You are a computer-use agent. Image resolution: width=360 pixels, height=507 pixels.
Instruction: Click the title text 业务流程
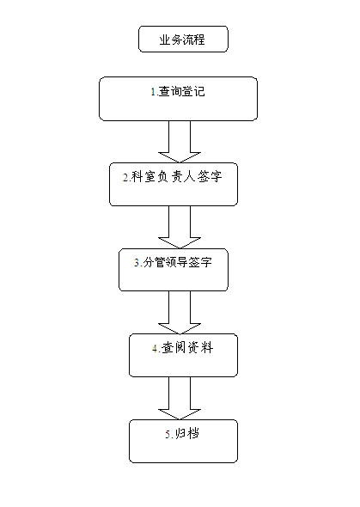tap(182, 40)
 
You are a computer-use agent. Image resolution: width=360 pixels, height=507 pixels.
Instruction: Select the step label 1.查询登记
tap(178, 91)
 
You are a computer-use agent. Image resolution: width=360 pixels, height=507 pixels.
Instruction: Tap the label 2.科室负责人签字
tap(173, 177)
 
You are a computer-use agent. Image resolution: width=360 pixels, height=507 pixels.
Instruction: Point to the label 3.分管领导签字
tap(173, 262)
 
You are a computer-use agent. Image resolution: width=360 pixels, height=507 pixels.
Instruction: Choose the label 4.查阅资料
tap(183, 348)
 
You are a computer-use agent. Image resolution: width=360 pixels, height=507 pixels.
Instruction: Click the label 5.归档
tap(182, 433)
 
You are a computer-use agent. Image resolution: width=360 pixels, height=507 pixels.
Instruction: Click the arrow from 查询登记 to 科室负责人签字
tap(180, 142)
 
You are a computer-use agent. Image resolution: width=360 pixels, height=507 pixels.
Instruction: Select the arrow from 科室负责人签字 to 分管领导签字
tap(180, 227)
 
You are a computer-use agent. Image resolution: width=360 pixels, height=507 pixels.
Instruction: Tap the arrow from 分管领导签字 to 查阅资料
tap(180, 312)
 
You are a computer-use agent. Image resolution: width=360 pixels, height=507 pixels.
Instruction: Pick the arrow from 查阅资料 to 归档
tap(180, 398)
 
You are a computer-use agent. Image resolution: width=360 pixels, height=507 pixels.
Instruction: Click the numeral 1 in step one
tap(153, 92)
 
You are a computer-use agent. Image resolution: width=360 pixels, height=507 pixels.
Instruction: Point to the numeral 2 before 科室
tap(125, 178)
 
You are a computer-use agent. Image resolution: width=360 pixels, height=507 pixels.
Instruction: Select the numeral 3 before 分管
tap(137, 263)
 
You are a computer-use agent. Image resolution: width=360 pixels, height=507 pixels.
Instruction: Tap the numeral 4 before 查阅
tap(156, 349)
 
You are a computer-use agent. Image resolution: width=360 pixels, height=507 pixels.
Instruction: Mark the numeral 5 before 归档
tap(168, 434)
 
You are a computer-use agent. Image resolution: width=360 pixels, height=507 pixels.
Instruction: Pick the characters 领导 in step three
tap(176, 262)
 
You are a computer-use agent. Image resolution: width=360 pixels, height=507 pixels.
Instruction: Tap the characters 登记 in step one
tap(193, 91)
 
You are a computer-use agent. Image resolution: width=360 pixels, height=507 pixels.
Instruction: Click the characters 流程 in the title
tap(193, 40)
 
